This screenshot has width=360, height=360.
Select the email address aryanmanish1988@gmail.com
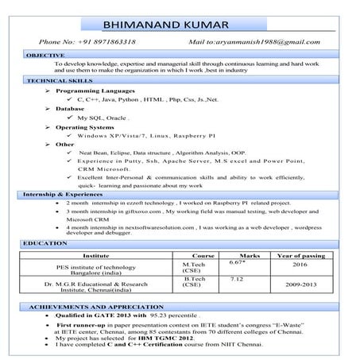(269, 41)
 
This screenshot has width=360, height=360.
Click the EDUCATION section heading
(46, 242)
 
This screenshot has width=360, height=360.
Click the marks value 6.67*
(236, 262)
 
